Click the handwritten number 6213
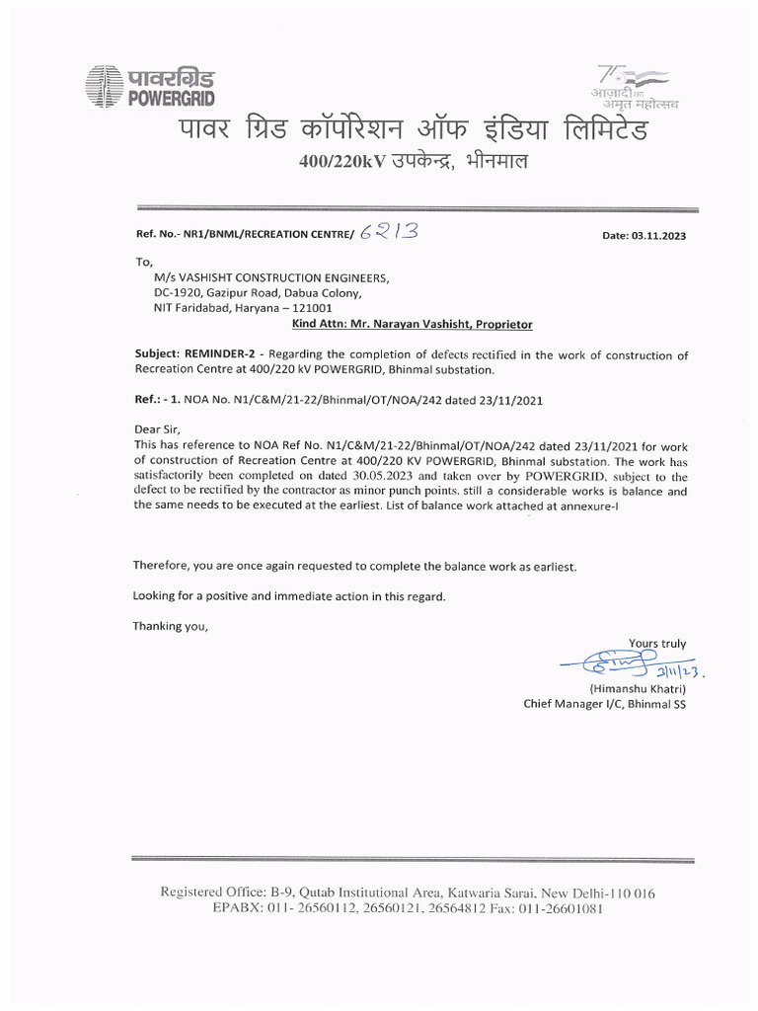(389, 233)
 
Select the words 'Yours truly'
(657, 644)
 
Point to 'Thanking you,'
(171, 626)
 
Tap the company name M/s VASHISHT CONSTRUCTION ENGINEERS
(265, 277)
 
